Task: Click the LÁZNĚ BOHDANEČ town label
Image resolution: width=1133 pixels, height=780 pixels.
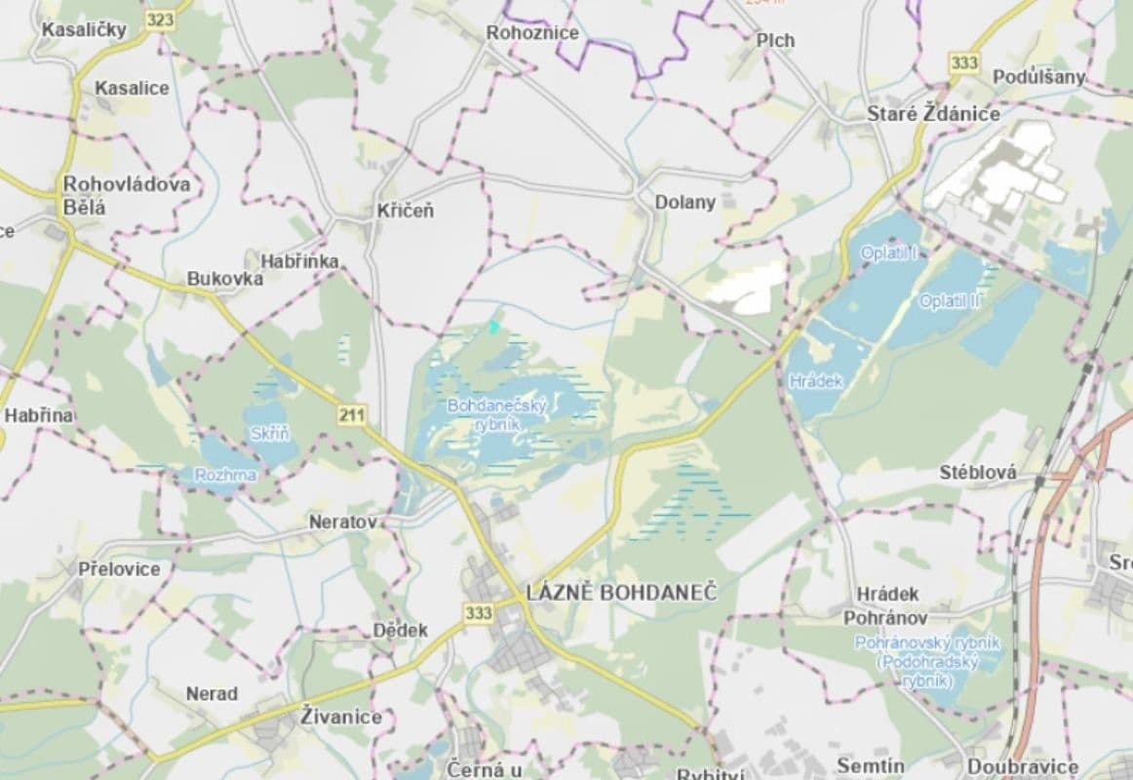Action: click(621, 592)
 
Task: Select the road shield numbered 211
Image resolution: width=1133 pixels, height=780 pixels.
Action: click(352, 416)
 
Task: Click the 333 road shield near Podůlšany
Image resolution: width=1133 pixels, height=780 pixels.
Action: click(963, 62)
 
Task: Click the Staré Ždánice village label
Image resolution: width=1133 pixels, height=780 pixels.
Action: click(933, 114)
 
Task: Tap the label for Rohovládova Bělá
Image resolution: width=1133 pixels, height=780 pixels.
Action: click(126, 195)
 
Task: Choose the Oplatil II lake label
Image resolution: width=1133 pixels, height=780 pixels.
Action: click(950, 301)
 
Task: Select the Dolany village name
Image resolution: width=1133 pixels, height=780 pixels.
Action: click(684, 203)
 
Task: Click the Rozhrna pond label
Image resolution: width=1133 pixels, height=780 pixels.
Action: click(225, 475)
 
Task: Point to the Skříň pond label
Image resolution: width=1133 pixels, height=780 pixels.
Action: click(270, 434)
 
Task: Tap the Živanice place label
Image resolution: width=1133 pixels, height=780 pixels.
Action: click(341, 717)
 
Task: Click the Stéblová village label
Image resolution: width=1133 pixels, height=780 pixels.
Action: click(977, 474)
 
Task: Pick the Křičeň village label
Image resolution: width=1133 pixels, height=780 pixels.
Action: click(406, 211)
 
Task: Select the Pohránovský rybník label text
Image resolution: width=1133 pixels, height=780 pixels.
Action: click(926, 661)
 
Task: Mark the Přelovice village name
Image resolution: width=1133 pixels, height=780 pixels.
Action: click(119, 568)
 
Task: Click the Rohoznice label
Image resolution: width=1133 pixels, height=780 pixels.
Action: click(532, 33)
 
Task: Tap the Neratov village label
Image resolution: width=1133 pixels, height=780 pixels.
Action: click(342, 522)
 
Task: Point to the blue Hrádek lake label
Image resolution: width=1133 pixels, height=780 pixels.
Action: click(816, 381)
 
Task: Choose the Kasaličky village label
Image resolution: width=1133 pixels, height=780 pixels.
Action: click(84, 29)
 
